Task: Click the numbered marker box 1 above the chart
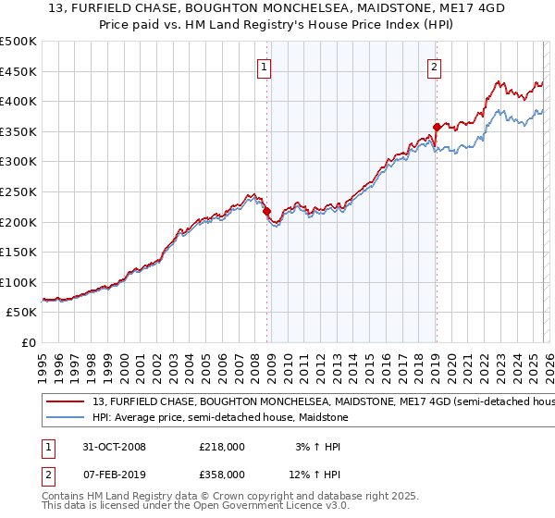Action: (x=265, y=67)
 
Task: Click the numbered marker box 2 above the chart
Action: (x=434, y=67)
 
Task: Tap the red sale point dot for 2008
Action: (x=267, y=212)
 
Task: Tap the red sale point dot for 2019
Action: (x=436, y=127)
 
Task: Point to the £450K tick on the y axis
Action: (x=18, y=72)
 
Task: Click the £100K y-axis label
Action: (x=18, y=282)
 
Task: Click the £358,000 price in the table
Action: (x=221, y=474)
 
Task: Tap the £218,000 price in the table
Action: (x=221, y=446)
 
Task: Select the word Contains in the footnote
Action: (x=66, y=497)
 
